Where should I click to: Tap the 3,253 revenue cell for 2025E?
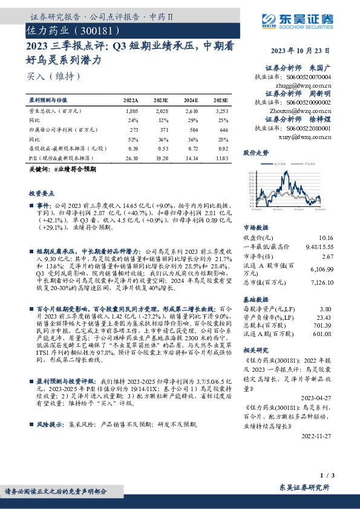click(221, 112)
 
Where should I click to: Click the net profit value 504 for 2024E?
click(191, 129)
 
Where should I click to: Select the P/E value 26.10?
click(131, 158)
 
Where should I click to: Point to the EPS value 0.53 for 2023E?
click(162, 148)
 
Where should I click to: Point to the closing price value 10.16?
click(325, 238)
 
